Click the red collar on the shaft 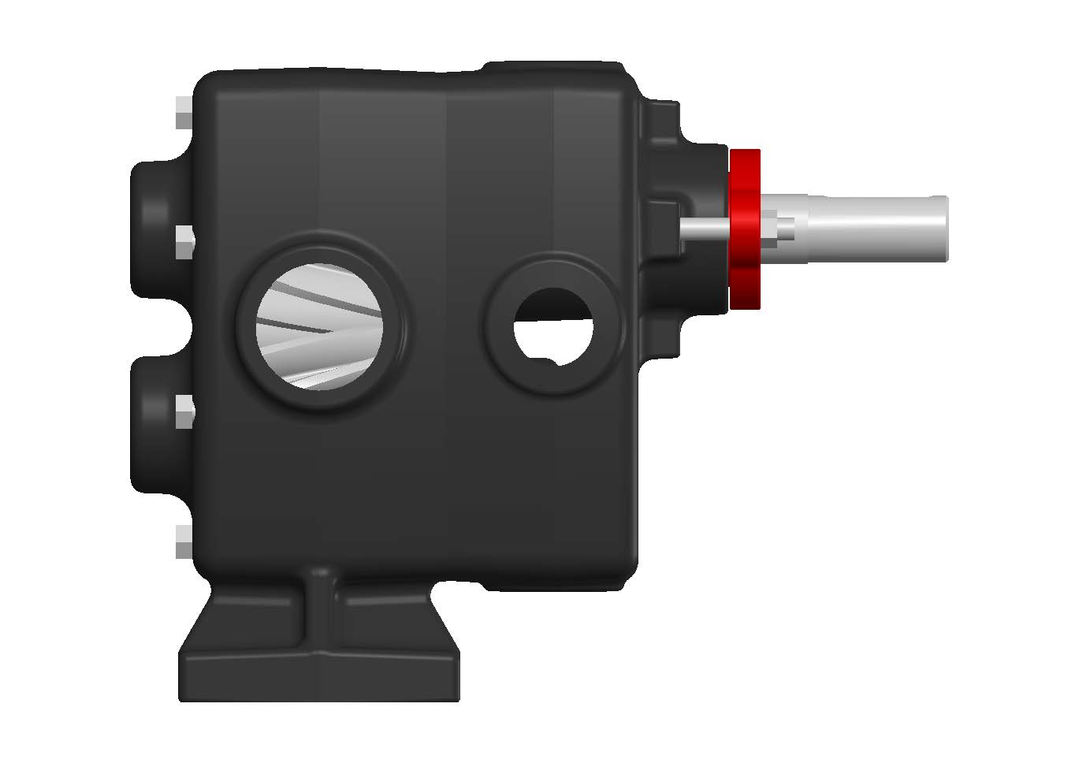tap(744, 229)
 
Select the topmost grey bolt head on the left tap(183, 113)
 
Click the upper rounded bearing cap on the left tap(154, 229)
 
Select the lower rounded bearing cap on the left tap(154, 422)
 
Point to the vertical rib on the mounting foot tap(322, 607)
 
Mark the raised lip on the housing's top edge tap(552, 65)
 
